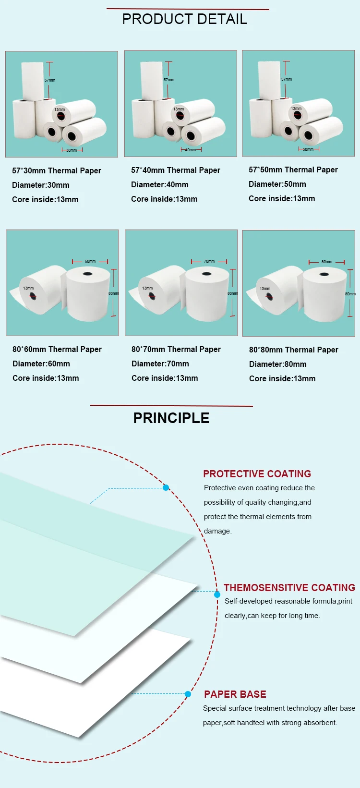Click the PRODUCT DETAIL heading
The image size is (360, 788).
click(x=184, y=19)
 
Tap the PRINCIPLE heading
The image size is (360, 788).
click(x=171, y=418)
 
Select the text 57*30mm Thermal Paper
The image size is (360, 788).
click(x=57, y=170)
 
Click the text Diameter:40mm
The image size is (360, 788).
click(x=159, y=184)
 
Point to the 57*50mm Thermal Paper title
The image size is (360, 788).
click(x=293, y=170)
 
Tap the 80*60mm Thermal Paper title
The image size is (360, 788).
click(x=57, y=349)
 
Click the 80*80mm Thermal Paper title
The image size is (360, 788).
click(x=293, y=350)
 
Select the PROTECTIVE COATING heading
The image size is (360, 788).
click(x=257, y=474)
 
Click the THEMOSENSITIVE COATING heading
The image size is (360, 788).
click(x=289, y=588)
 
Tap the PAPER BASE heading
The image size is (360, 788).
click(x=235, y=694)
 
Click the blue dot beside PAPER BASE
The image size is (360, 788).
click(x=188, y=694)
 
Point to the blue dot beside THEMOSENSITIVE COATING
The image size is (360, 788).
click(x=217, y=594)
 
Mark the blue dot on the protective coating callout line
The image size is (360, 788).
click(x=166, y=488)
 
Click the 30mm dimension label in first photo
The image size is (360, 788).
click(x=72, y=150)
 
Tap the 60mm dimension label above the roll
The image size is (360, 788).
click(x=90, y=262)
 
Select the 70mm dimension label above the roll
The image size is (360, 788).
click(x=209, y=262)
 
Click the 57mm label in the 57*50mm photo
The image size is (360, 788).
click(x=287, y=79)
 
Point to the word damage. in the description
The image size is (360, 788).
click(x=217, y=531)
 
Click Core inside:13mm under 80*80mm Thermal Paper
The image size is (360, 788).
click(x=282, y=378)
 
